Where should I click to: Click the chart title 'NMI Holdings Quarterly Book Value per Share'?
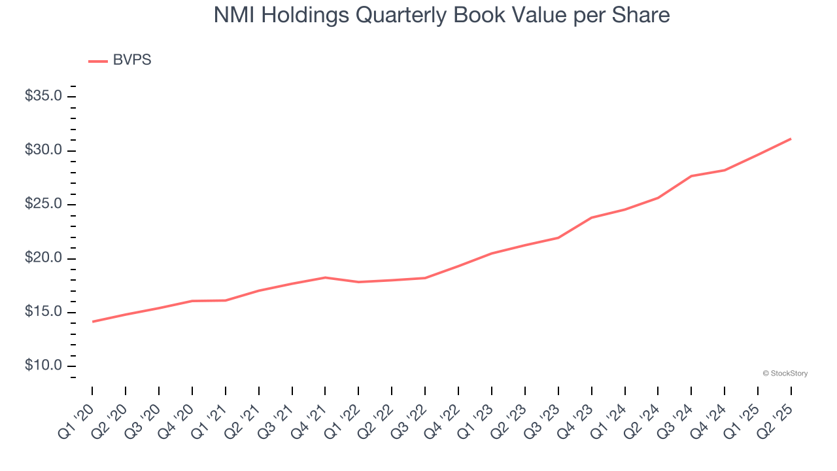click(441, 16)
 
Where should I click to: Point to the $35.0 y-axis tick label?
click(43, 97)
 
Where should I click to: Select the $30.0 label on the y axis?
click(43, 150)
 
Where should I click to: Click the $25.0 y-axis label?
click(43, 205)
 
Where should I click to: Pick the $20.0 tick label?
click(43, 258)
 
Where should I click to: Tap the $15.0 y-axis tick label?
click(43, 312)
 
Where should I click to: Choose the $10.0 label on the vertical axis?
click(43, 366)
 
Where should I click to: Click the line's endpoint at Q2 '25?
click(791, 139)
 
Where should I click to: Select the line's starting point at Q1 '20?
click(92, 322)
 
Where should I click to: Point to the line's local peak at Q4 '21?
click(325, 277)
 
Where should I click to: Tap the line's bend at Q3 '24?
click(691, 176)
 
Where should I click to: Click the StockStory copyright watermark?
click(785, 374)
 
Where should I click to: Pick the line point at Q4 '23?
click(591, 218)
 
